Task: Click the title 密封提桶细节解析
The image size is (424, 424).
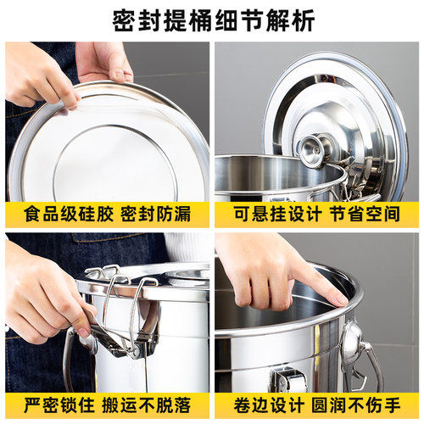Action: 212,20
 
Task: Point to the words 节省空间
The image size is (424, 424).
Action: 365,212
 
